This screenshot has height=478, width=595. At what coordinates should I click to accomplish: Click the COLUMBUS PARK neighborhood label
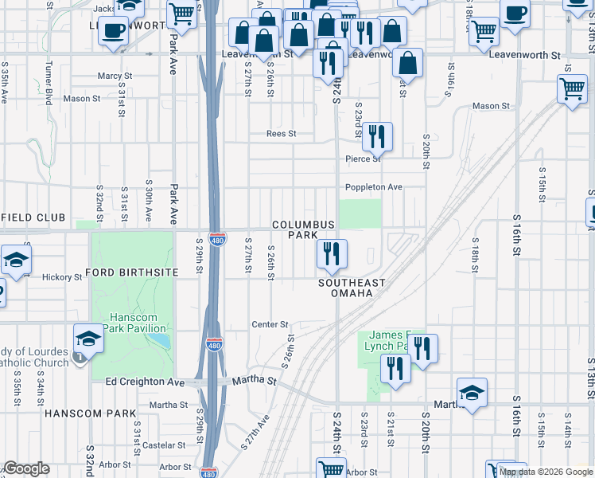[303, 230]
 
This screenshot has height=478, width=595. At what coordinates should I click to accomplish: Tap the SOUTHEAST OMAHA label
[352, 288]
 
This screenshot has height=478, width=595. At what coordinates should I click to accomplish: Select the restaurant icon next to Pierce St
[377, 136]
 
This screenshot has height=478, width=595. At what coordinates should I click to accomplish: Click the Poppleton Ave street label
[373, 187]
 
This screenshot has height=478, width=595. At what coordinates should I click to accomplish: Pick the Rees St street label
[281, 134]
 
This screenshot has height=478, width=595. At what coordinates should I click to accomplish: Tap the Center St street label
[269, 324]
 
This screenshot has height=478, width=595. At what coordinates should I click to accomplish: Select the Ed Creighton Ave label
[145, 382]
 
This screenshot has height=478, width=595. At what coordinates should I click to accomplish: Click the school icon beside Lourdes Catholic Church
[89, 339]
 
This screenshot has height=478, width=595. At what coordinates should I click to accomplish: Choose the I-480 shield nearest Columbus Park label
[216, 239]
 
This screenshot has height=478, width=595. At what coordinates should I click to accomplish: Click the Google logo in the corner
[26, 468]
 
